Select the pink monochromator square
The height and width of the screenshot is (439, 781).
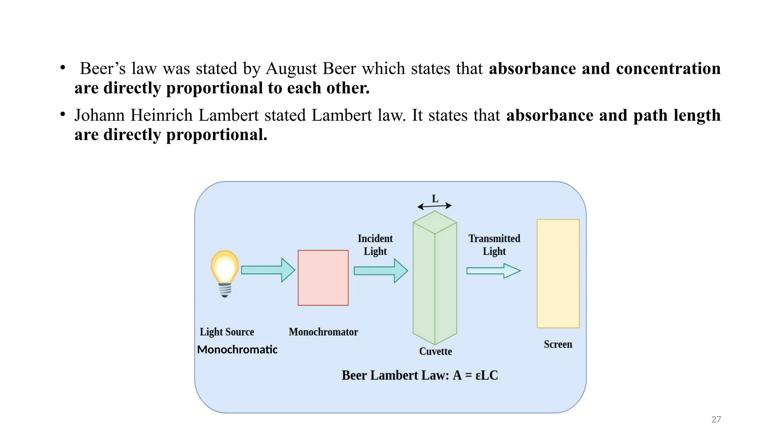click(323, 278)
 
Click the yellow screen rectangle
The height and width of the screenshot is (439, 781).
click(558, 273)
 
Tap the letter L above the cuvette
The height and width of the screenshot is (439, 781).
click(435, 199)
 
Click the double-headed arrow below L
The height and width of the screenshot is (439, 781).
click(434, 206)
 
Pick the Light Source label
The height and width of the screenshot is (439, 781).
click(227, 332)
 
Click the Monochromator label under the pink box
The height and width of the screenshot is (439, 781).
click(323, 332)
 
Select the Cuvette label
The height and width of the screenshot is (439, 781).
click(435, 351)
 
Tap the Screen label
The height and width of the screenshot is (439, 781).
click(558, 344)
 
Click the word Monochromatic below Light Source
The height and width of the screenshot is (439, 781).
click(237, 349)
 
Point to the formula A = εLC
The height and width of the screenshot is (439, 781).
click(475, 375)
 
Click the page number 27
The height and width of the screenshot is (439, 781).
click(716, 420)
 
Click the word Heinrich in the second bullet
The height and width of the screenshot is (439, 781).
click(161, 115)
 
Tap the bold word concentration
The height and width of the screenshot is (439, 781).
click(668, 69)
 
